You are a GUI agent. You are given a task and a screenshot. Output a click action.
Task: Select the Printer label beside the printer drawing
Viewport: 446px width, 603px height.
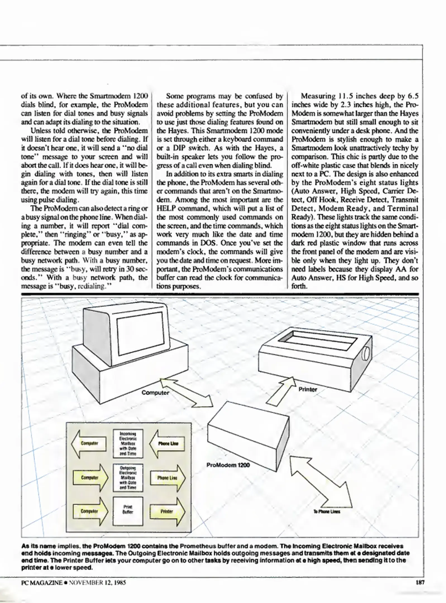308,389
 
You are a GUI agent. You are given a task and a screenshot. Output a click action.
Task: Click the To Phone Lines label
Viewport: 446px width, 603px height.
326,512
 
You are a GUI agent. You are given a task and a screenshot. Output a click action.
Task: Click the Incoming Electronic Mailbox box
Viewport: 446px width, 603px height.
128,444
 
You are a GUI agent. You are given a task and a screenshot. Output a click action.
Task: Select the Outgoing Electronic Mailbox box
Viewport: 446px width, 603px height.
128,478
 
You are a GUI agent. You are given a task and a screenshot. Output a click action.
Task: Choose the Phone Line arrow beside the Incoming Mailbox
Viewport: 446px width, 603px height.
167,444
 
